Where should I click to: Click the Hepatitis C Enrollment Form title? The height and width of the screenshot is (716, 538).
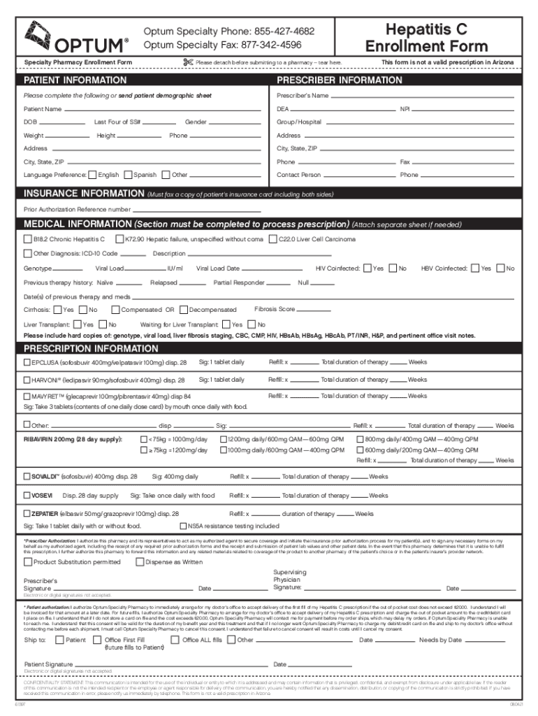tap(440, 38)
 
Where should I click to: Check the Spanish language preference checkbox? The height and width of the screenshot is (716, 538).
tap(129, 175)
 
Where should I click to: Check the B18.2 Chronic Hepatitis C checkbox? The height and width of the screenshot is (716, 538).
tap(28, 239)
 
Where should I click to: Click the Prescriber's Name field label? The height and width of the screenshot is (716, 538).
tap(303, 95)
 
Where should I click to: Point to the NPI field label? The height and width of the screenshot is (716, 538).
tap(405, 109)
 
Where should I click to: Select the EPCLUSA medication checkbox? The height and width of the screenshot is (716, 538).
tap(27, 362)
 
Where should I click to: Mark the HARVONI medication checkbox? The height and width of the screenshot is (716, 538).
tap(27, 380)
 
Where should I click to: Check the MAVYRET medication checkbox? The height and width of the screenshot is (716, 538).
tap(27, 396)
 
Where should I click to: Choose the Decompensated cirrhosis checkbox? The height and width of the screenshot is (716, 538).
tap(183, 310)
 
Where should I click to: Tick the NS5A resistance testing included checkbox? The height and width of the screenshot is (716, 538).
tap(184, 525)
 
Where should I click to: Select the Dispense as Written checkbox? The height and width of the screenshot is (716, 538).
tap(140, 561)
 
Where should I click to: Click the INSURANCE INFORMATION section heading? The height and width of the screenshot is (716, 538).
tap(83, 194)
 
